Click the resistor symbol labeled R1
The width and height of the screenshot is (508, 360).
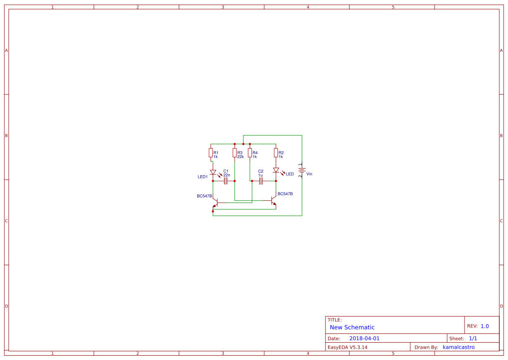tap(211, 153)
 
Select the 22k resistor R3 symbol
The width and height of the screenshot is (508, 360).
tap(235, 153)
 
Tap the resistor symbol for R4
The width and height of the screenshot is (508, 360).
tap(250, 153)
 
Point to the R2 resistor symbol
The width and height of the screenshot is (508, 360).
tap(276, 153)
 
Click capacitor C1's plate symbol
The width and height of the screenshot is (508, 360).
tap(226, 181)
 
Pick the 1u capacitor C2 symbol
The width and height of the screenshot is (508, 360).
tap(261, 181)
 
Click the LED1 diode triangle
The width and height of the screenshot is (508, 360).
tap(213, 172)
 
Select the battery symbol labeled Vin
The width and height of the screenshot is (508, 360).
tap(302, 170)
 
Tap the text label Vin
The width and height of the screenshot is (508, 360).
tap(309, 174)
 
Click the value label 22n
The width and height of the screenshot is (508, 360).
tap(227, 175)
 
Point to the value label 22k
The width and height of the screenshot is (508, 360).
tap(240, 157)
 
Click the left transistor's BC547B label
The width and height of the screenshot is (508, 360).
tap(204, 196)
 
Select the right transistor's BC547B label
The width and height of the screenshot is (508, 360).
tap(285, 194)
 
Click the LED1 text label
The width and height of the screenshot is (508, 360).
tap(203, 177)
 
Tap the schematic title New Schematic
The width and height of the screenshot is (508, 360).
tap(352, 327)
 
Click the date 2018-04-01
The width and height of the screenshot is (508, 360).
tap(364, 338)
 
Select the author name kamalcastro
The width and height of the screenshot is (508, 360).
tap(459, 347)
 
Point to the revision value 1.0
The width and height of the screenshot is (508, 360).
tap(485, 326)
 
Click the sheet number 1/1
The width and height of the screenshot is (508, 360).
tap(473, 338)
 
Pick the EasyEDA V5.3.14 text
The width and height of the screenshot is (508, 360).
tap(348, 347)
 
